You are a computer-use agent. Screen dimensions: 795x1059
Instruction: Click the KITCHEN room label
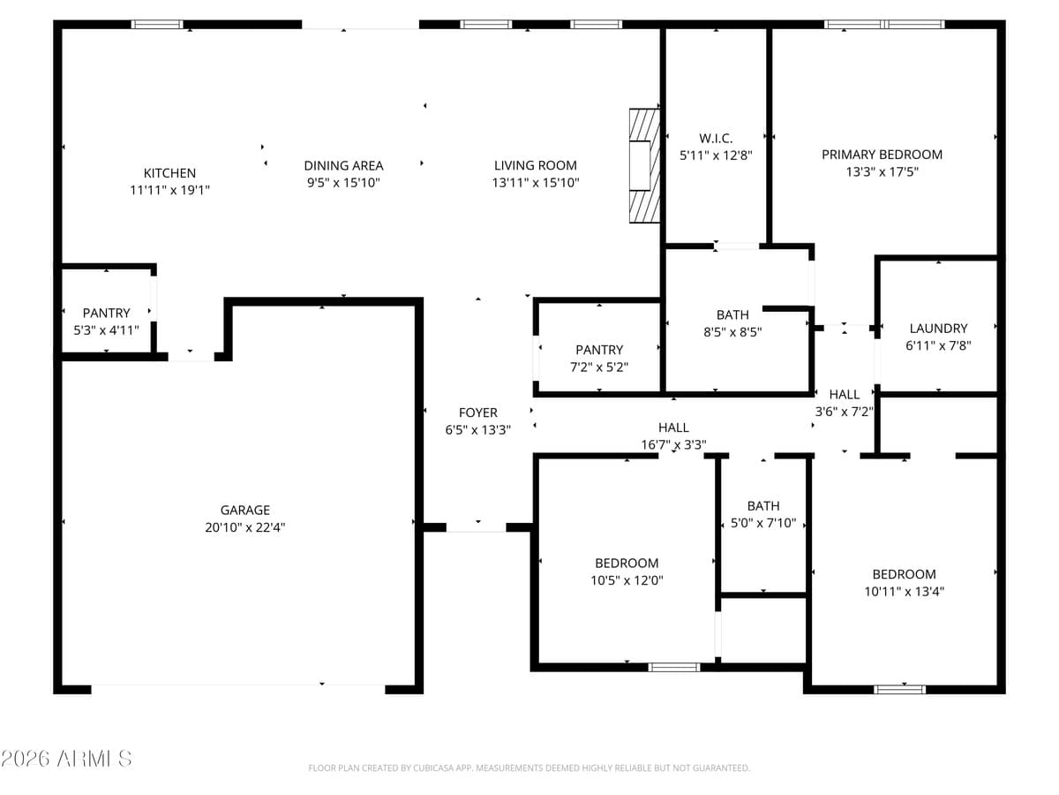click(x=169, y=173)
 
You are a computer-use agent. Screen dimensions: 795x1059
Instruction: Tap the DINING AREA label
click(x=343, y=165)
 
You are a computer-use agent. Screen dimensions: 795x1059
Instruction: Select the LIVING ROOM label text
click(x=535, y=165)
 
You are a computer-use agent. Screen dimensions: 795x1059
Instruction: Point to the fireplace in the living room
click(x=644, y=165)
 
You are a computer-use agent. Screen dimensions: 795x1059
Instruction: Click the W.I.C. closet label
click(x=716, y=138)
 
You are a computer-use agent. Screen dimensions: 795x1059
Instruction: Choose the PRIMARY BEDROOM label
click(x=882, y=155)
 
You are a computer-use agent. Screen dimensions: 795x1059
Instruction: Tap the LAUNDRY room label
click(x=938, y=329)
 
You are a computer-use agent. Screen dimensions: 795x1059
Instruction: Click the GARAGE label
click(x=245, y=510)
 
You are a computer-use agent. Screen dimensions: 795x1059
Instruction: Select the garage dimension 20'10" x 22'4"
click(x=245, y=527)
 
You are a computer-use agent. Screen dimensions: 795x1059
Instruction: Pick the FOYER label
click(x=478, y=413)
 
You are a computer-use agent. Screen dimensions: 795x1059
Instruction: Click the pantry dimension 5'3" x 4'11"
click(x=107, y=330)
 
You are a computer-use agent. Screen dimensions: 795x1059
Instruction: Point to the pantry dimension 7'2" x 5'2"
click(x=599, y=367)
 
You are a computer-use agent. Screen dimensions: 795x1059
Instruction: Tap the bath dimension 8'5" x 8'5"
click(x=732, y=332)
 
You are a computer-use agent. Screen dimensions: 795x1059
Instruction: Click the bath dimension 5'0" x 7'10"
click(x=763, y=523)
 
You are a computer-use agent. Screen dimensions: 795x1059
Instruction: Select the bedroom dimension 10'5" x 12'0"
click(x=627, y=580)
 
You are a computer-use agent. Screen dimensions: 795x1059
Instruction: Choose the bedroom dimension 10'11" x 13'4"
click(x=904, y=591)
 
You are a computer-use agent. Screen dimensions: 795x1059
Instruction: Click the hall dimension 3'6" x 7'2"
click(x=845, y=412)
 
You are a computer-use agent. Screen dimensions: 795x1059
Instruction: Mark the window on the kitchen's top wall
click(x=157, y=24)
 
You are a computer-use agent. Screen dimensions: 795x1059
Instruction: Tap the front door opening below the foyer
click(x=477, y=527)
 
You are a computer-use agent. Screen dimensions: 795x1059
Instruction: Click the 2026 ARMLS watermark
click(x=67, y=758)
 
